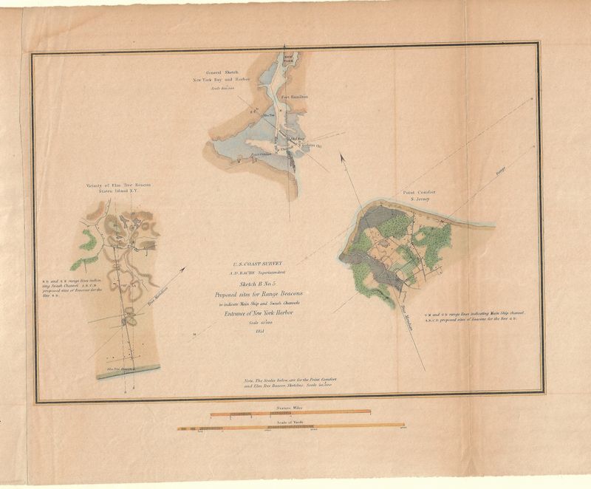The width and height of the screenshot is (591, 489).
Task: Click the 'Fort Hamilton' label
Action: [x=295, y=97]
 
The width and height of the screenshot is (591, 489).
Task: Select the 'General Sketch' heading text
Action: [x=222, y=72]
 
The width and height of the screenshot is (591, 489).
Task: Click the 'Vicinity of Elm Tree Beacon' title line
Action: [x=117, y=185]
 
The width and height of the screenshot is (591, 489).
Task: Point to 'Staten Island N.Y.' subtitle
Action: [x=117, y=191]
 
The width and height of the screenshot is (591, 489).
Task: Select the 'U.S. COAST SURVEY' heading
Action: [x=258, y=262]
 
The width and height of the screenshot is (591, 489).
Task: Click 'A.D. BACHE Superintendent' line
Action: [x=258, y=270]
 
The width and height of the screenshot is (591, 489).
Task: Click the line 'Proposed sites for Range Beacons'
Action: [x=258, y=294]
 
